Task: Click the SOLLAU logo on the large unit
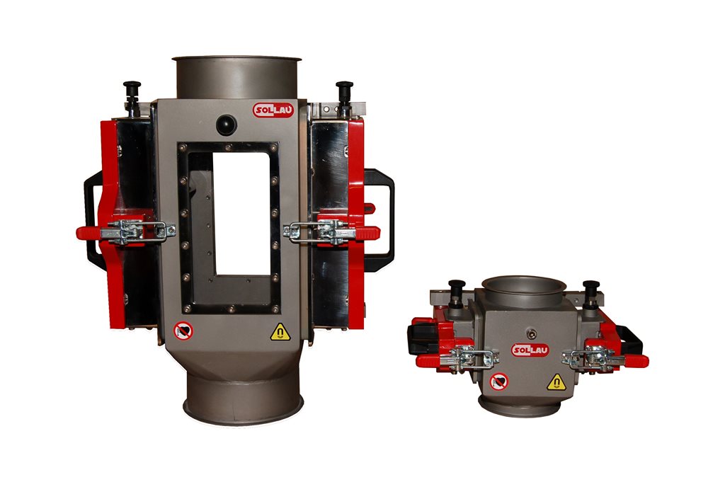coord(273,110)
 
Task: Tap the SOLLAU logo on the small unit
coord(530,350)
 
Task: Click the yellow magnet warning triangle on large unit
coord(280,332)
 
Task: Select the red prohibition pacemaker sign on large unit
coord(183,331)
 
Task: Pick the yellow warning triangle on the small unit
coord(556,382)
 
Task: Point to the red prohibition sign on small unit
coord(499,381)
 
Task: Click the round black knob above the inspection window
coord(227,125)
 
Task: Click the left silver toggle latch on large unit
coord(138,231)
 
